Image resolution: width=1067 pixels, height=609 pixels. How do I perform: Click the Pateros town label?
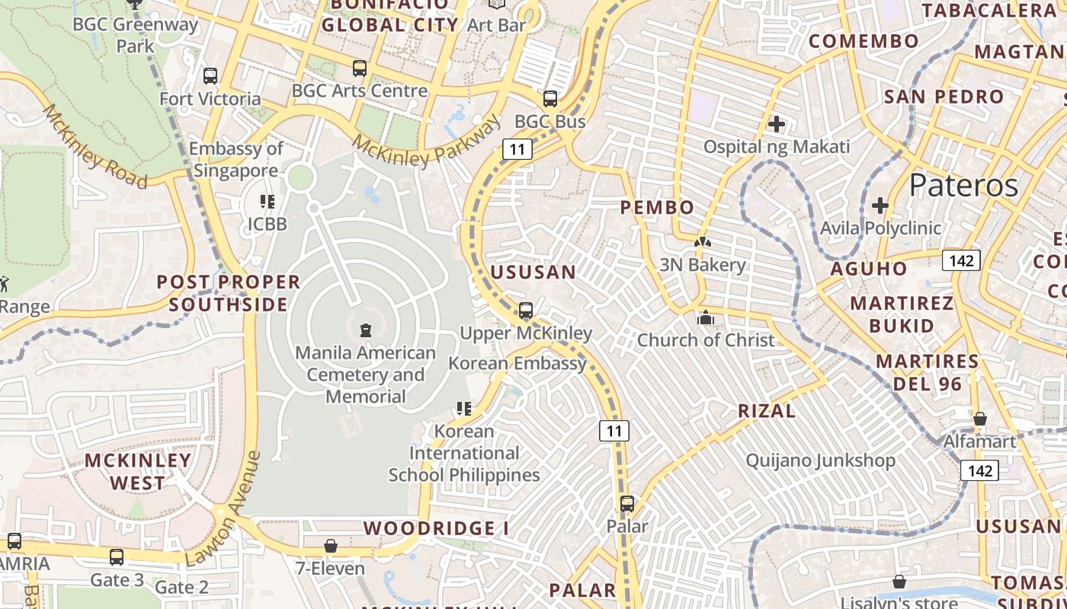pyautogui.click(x=963, y=185)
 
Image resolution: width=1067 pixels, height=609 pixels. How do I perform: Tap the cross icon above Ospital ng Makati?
pyautogui.click(x=777, y=123)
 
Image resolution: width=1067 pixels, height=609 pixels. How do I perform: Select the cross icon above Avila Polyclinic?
pyautogui.click(x=880, y=206)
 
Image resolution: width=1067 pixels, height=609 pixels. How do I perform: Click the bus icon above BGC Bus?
pyautogui.click(x=550, y=99)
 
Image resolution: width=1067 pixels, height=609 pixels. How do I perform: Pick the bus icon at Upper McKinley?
pyautogui.click(x=525, y=311)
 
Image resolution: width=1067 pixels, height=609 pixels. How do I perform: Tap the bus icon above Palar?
pyautogui.click(x=626, y=504)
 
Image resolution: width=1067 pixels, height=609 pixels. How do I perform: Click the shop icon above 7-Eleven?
pyautogui.click(x=331, y=546)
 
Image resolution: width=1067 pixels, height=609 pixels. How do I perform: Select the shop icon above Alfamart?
pyautogui.click(x=980, y=419)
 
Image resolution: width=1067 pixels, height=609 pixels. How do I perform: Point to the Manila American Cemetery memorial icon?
pyautogui.click(x=366, y=330)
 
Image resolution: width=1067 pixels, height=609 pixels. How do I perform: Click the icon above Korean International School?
pyautogui.click(x=463, y=409)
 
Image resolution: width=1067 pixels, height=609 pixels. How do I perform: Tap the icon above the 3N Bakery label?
pyautogui.click(x=702, y=243)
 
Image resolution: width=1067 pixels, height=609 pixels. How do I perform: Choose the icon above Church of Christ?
pyautogui.click(x=706, y=318)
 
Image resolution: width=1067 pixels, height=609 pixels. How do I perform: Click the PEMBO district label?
pyautogui.click(x=657, y=207)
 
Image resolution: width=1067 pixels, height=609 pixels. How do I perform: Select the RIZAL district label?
pyautogui.click(x=767, y=411)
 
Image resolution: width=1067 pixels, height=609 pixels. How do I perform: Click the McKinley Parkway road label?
pyautogui.click(x=428, y=139)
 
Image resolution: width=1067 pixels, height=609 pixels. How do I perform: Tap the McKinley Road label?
pyautogui.click(x=95, y=147)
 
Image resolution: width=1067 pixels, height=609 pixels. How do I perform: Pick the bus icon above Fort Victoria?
pyautogui.click(x=210, y=76)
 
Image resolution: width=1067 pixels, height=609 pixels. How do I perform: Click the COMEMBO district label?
pyautogui.click(x=864, y=41)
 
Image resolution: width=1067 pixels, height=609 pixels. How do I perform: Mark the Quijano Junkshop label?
pyautogui.click(x=820, y=461)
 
